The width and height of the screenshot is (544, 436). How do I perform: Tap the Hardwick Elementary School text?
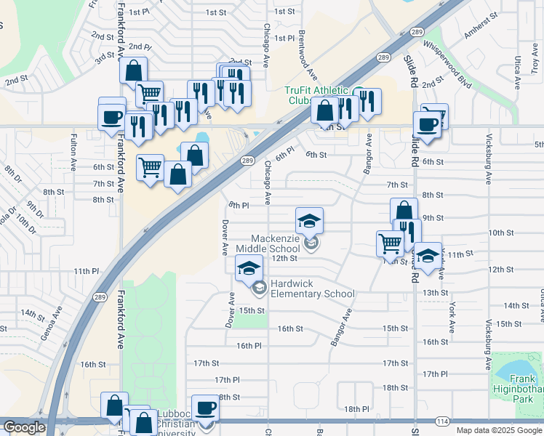click(x=312, y=289)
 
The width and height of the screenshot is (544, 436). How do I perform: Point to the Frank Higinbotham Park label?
click(x=522, y=384)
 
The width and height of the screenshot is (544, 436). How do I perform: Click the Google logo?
click(x=24, y=427)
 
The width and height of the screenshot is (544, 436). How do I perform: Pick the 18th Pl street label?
click(x=357, y=409)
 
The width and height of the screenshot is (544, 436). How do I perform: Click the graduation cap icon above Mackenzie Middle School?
click(x=309, y=220)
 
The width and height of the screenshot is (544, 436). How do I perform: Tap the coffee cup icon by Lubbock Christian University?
click(x=205, y=407)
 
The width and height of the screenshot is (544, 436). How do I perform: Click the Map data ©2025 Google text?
click(x=499, y=430)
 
